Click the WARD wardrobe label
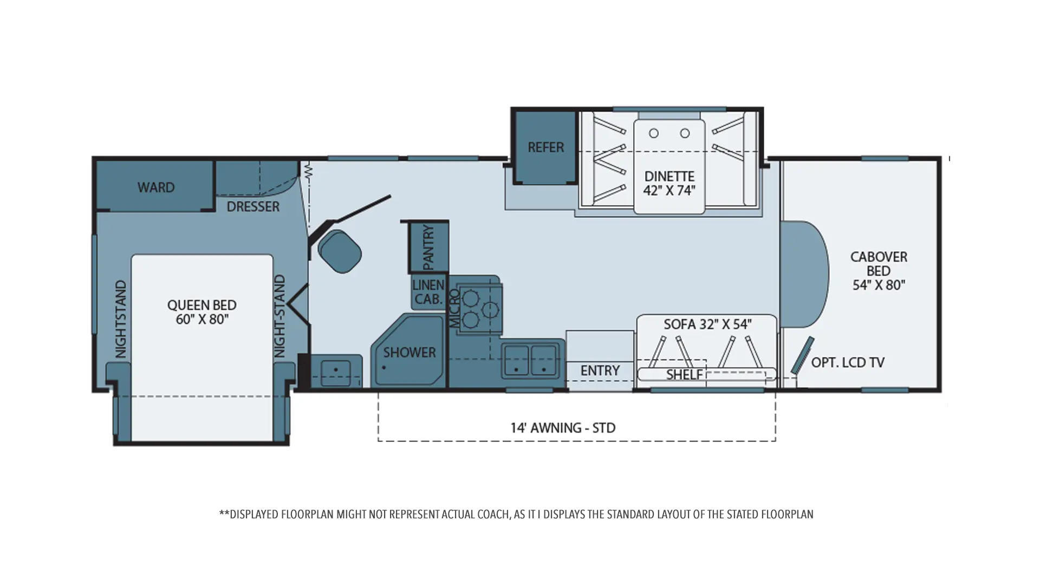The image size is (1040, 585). [156, 187]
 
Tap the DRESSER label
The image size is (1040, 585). [253, 207]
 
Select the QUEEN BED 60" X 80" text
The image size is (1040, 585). [201, 312]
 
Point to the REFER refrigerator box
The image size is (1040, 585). [545, 147]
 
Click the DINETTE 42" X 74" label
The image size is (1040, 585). [669, 183]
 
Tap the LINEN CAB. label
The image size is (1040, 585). [428, 291]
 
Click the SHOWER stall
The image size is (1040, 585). [408, 350]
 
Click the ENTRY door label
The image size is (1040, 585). [600, 370]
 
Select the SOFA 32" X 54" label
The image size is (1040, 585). [707, 324]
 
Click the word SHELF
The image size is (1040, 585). [685, 375]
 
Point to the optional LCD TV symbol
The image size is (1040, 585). [802, 355]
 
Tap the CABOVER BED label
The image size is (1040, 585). [879, 271]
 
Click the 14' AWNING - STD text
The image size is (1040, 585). [563, 428]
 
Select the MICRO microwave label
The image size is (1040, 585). [454, 308]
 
